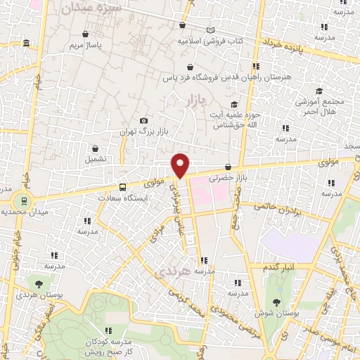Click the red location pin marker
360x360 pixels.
(x=181, y=165)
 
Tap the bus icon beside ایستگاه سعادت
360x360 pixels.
(x=123, y=188)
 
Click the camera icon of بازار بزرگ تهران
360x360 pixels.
(x=144, y=121)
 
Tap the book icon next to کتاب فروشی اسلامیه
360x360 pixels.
(x=210, y=31)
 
